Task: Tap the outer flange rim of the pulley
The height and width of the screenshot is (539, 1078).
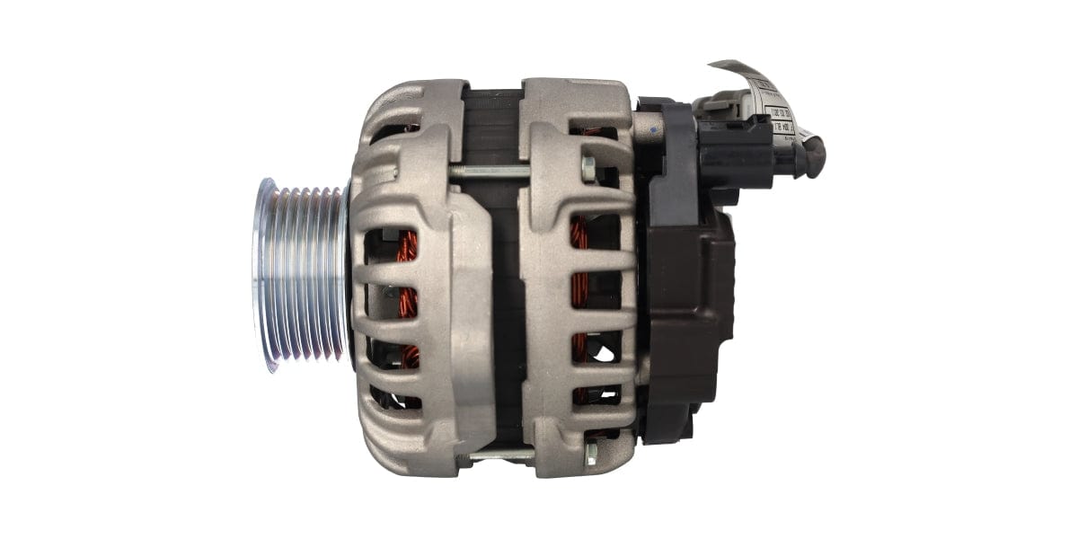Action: pyautogui.click(x=263, y=274)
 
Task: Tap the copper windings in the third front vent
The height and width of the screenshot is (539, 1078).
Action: pyautogui.click(x=409, y=355)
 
